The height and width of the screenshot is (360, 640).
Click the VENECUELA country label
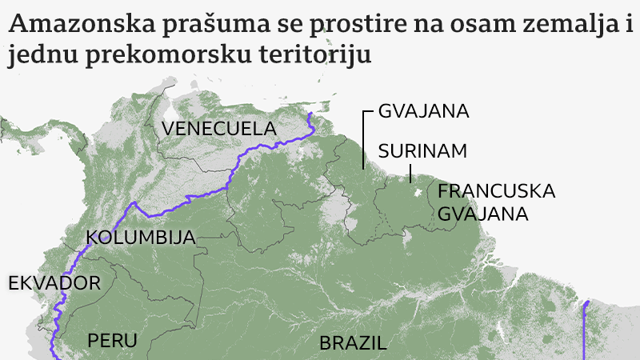click(218, 129)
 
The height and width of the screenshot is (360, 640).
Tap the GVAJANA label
click(423, 111)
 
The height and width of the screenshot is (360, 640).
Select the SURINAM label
click(422, 151)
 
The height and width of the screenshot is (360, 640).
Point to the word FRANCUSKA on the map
click(496, 192)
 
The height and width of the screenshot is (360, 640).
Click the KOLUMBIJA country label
click(141, 238)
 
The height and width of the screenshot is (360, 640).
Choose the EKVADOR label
click(54, 283)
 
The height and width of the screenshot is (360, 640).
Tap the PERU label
click(113, 340)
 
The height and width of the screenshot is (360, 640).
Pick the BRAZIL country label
click(353, 344)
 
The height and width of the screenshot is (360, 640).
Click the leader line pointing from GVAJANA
click(364, 140)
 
